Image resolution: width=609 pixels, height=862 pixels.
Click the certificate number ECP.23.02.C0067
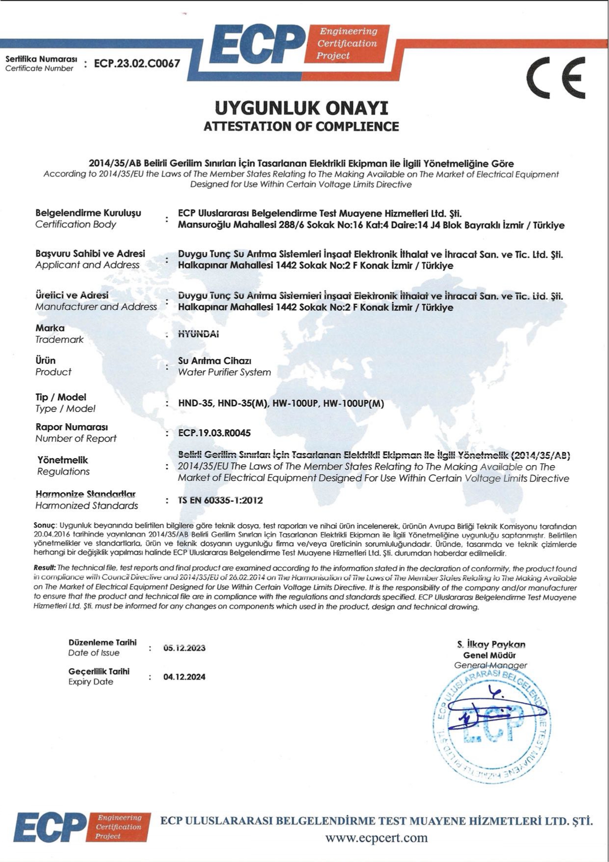pos(137,63)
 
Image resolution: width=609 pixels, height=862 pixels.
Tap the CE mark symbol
pos(556,78)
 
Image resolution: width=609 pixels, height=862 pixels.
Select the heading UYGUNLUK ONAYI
pos(301,108)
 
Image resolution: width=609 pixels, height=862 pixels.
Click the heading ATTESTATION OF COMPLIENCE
pos(301,126)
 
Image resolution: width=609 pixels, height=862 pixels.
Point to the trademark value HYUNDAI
pos(198,334)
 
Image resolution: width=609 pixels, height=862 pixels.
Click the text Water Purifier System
pos(224,372)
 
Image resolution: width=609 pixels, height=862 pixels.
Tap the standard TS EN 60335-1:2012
pos(221,501)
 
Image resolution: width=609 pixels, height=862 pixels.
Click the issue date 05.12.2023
pos(184,648)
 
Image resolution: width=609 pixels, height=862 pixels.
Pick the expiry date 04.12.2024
pos(184,677)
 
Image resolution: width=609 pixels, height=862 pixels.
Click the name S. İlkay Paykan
pos(491,644)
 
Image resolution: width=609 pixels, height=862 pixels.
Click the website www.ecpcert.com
pos(376,837)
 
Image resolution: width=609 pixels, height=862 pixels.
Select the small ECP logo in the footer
pos(81,827)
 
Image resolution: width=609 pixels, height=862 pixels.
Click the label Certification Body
pos(76,224)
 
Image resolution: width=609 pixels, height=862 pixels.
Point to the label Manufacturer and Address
pos(96,307)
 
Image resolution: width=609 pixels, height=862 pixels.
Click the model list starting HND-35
pos(281,404)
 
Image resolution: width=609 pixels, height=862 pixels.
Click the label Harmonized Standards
pos(86,505)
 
